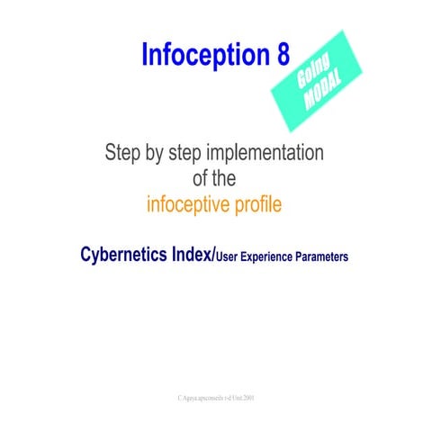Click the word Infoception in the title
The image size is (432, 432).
click(x=203, y=56)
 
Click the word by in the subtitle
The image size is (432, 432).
click(x=166, y=151)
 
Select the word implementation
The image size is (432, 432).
click(x=275, y=151)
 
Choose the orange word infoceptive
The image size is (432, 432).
click(x=186, y=205)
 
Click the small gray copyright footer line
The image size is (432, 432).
click(x=216, y=396)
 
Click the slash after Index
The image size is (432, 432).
click(x=212, y=255)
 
